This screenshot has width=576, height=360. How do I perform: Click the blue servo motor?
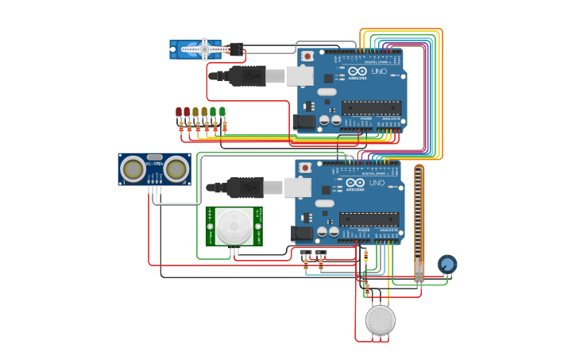[x=195, y=49]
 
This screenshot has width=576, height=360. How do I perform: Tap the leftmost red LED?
[x=178, y=113]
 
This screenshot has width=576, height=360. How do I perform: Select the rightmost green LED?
[x=222, y=112]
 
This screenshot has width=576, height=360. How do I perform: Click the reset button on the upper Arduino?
[x=307, y=56]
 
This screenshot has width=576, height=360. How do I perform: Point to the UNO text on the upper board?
[x=378, y=72]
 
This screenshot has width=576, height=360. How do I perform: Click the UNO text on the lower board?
[x=377, y=183]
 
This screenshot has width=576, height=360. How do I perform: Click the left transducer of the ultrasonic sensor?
[x=133, y=168]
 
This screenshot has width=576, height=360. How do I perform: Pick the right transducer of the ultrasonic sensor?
[x=176, y=168]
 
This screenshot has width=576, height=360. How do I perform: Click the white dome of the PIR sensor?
[x=234, y=226]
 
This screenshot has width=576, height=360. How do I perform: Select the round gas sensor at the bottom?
[x=380, y=319]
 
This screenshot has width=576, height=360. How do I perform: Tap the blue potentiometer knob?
[x=447, y=264]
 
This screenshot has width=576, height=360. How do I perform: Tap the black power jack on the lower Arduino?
[x=302, y=234]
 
